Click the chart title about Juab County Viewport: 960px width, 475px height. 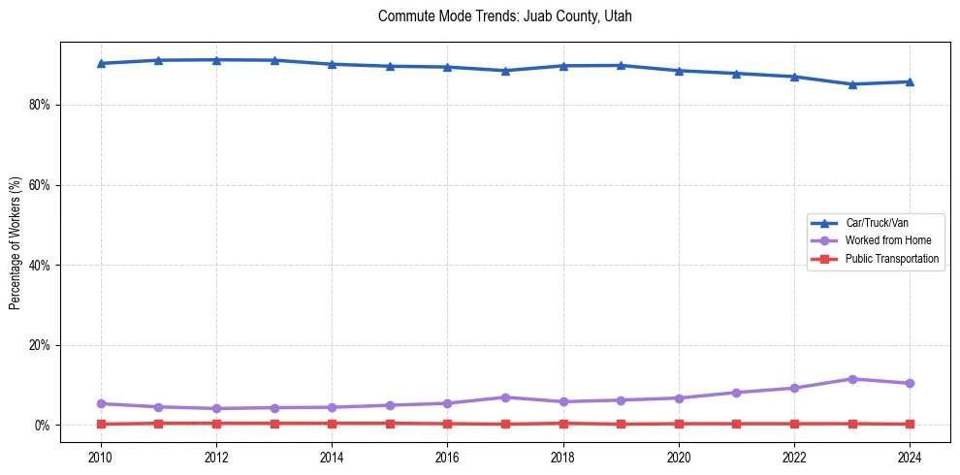504,16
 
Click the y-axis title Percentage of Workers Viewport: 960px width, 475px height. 16,242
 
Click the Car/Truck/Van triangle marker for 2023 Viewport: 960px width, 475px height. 851,84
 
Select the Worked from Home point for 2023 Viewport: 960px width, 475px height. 851,379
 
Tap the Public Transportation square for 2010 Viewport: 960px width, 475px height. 101,424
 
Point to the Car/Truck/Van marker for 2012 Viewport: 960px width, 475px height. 216,60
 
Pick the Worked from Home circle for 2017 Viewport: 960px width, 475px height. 505,397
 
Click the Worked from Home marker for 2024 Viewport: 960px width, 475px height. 910,383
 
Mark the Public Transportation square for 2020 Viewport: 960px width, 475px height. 679,424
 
